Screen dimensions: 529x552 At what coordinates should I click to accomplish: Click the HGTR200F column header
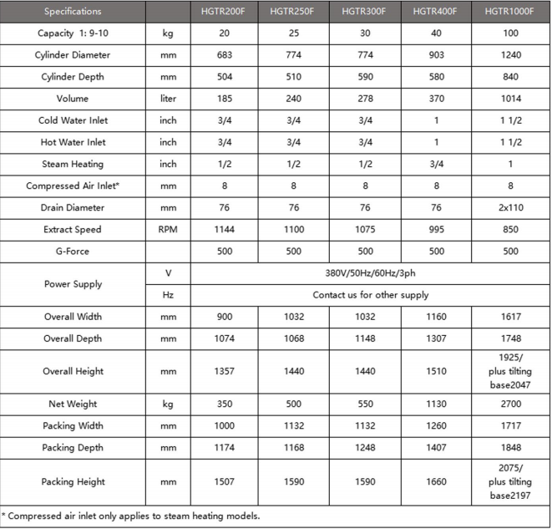click(x=224, y=12)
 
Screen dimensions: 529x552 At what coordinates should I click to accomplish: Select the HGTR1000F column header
click(x=510, y=12)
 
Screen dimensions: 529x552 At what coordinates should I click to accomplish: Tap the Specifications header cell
click(x=73, y=12)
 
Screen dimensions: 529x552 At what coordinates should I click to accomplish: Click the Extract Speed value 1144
click(x=224, y=228)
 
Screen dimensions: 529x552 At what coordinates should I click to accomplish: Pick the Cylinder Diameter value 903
click(x=436, y=55)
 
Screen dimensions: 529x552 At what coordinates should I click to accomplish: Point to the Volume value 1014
click(x=510, y=99)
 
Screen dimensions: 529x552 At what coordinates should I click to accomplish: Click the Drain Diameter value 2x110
click(x=510, y=206)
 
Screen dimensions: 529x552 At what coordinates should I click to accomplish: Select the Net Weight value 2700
click(x=510, y=404)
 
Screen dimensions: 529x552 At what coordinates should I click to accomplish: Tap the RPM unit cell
click(x=168, y=228)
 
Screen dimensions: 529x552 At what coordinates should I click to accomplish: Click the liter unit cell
click(x=168, y=99)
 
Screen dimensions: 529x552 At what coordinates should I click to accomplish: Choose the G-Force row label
click(x=73, y=250)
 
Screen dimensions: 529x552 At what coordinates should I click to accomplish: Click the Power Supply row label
click(x=73, y=283)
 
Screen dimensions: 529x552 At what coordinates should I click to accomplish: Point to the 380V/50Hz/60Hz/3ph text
click(x=370, y=272)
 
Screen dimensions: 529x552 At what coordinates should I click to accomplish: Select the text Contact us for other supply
click(x=370, y=295)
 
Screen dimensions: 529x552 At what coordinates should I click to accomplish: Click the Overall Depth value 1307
click(x=436, y=338)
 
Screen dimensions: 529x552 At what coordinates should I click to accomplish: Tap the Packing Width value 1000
click(x=224, y=425)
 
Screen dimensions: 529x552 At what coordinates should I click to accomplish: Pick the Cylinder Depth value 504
click(x=224, y=77)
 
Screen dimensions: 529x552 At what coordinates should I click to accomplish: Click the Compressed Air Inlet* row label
click(x=73, y=186)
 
